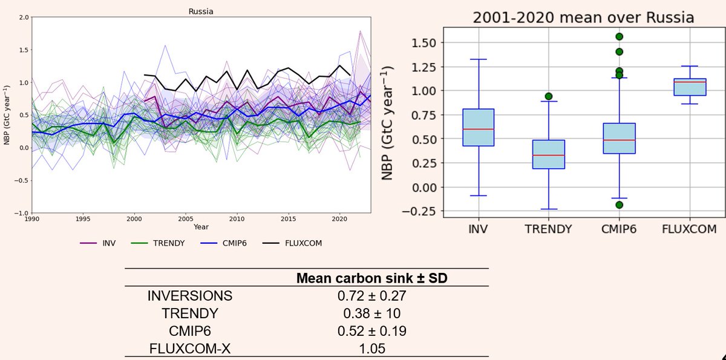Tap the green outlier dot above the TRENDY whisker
[x=548, y=96]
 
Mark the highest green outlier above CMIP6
[x=619, y=37]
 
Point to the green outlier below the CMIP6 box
[x=619, y=205]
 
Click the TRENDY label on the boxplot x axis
[x=548, y=229]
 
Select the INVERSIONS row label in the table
[x=189, y=296]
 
